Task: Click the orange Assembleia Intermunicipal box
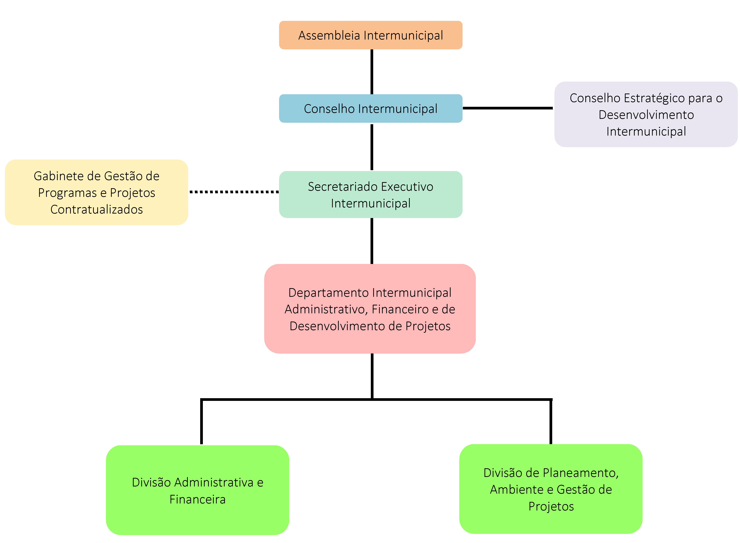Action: [371, 35]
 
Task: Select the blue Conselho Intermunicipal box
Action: [371, 108]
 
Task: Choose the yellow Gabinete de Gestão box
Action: [96, 192]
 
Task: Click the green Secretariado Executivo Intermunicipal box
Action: [371, 195]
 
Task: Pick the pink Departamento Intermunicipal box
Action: [370, 309]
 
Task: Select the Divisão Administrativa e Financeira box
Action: [197, 490]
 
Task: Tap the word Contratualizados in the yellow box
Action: [97, 209]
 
